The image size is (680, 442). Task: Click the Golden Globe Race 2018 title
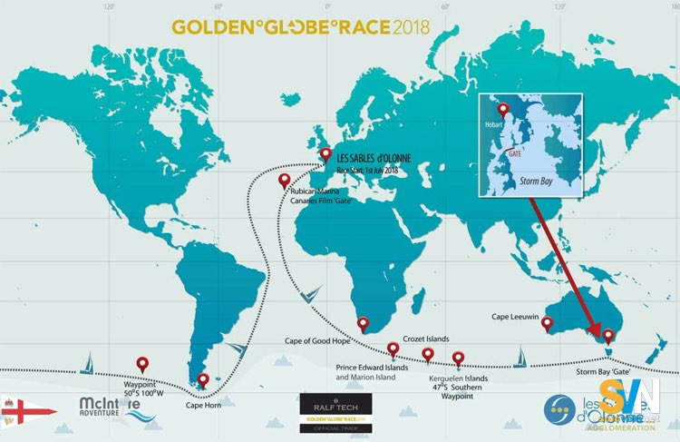[x=302, y=26]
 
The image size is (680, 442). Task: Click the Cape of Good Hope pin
[x=364, y=323]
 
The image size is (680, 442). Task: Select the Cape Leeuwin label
[x=516, y=319]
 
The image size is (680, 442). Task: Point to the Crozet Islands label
[x=425, y=338]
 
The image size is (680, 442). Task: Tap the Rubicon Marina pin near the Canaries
[x=285, y=179]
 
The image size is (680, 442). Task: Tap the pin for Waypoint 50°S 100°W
[x=141, y=363]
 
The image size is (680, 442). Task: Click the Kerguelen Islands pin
[x=459, y=358]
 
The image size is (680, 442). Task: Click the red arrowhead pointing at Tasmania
[x=596, y=329]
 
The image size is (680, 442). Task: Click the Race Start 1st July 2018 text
[x=367, y=170]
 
